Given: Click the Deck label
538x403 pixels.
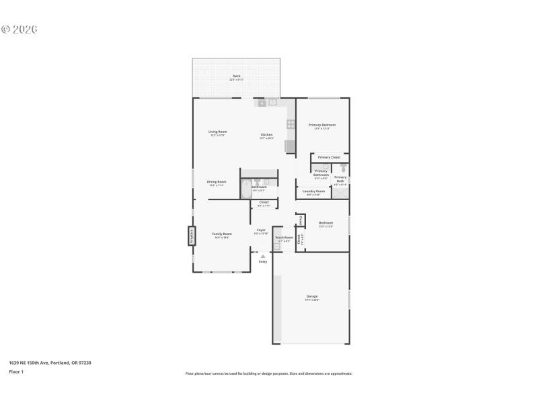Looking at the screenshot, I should pos(237,77).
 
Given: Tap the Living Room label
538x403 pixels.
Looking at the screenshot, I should pos(217,132).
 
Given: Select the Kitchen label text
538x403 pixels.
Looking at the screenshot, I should pos(267,135).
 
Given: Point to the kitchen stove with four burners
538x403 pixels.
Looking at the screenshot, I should pos(291,124).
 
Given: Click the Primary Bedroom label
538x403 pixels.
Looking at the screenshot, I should pos(322,125).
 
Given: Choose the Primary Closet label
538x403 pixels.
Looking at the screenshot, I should pos(330,157).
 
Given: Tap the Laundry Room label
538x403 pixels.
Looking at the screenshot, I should pos(313,191).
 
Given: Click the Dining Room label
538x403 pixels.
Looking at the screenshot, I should pos(217,182).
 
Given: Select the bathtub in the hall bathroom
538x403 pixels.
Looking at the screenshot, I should pos(246,189).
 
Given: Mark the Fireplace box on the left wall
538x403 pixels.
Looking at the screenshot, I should pos(190,236).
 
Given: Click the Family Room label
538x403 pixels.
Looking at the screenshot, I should pos(223,234).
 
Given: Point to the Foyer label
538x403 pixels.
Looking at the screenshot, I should pos(261,230).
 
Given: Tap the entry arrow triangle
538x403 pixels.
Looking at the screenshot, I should pos(263,256).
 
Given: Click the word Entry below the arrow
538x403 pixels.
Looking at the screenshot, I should pos(263,261).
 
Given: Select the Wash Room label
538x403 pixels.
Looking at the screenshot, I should pos(284,237).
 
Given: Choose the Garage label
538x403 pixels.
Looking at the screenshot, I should pos(312,296).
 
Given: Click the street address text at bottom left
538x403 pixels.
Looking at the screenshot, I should pos(50,363).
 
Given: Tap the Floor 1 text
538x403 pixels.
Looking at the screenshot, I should pos(16,371).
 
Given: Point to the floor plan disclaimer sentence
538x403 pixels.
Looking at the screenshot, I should pos(268,373).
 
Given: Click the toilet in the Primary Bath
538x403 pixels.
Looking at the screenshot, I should pos(343,168).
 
